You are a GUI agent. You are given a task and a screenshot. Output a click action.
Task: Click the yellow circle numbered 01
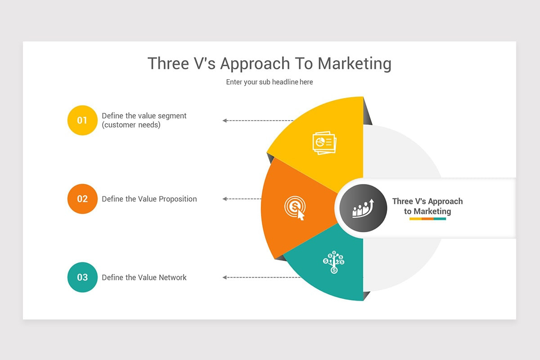coord(82,120)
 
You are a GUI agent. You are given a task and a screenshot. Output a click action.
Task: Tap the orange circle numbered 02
coord(82,199)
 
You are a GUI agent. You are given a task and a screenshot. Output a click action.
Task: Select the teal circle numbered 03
coord(82,277)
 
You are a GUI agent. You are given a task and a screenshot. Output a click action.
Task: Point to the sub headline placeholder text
coord(270,82)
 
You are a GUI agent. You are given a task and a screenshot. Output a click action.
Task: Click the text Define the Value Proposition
coord(149,199)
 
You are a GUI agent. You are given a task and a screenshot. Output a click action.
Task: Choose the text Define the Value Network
coord(144,277)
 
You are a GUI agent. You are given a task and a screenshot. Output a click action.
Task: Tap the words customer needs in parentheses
coord(131,125)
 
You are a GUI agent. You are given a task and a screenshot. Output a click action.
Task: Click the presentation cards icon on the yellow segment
coord(324,143)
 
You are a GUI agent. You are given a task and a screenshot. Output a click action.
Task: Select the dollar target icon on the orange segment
coord(295,208)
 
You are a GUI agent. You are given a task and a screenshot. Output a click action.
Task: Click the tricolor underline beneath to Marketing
coord(427,219)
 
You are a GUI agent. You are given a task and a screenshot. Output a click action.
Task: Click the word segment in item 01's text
coord(172,116)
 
